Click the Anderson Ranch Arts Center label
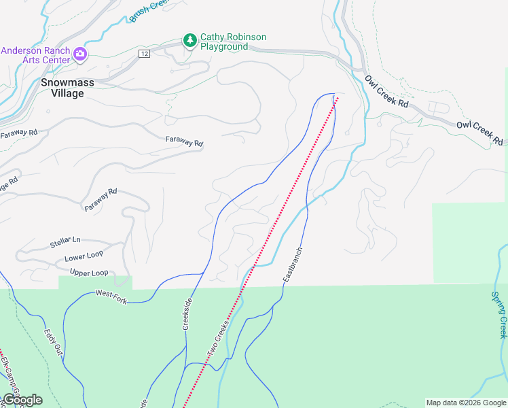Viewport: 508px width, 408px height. point(35,54)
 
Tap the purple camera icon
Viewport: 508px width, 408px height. point(80,54)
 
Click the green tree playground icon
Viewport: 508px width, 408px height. point(190,41)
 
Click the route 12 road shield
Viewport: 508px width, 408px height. point(143,54)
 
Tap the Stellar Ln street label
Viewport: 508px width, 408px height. point(65,241)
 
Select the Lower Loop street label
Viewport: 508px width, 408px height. point(84,258)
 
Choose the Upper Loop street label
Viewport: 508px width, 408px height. point(89,273)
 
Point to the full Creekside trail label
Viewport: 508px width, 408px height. point(187,313)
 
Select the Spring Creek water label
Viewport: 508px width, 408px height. point(498,315)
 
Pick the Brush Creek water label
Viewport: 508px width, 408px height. point(148,10)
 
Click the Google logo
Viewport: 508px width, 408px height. point(22,400)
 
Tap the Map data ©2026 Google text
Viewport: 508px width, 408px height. point(466,403)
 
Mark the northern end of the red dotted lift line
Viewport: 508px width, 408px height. point(336,97)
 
